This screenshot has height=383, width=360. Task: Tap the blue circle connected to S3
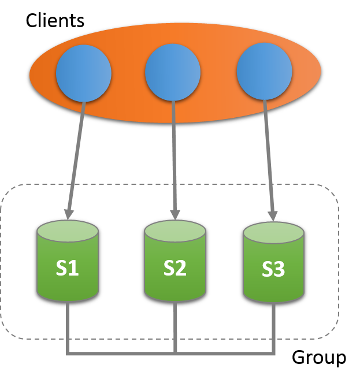pos(264,72)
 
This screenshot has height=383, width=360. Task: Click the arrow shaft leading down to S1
pos(76,156)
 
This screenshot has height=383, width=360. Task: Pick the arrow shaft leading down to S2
pos(174,156)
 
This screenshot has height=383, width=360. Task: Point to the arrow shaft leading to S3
pos(269,156)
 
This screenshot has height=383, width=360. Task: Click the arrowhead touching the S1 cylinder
pos(69,214)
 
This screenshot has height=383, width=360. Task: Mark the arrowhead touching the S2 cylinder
pos(175,214)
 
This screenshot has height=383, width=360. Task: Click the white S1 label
pos(67,268)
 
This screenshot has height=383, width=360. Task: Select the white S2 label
pos(175,268)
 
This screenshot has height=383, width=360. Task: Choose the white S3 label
pos(273,270)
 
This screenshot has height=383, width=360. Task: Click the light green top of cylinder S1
pos(68,231)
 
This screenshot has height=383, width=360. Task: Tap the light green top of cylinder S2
pos(175,231)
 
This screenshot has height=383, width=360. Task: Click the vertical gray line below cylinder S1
pos(68,326)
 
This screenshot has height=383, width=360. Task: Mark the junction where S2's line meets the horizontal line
pos(175,352)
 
